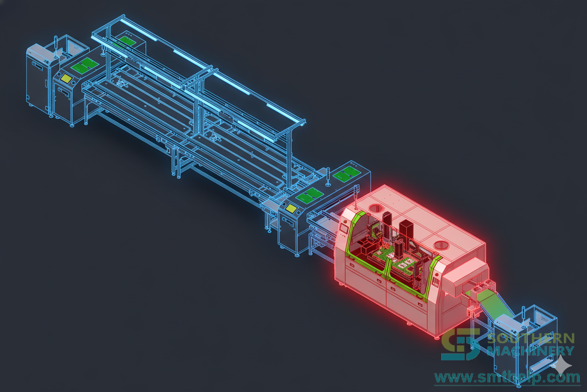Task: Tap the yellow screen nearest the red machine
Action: tap(291, 208)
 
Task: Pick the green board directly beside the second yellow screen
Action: tap(309, 195)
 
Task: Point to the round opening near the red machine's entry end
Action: tap(375, 209)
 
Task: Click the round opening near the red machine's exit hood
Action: tap(441, 246)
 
